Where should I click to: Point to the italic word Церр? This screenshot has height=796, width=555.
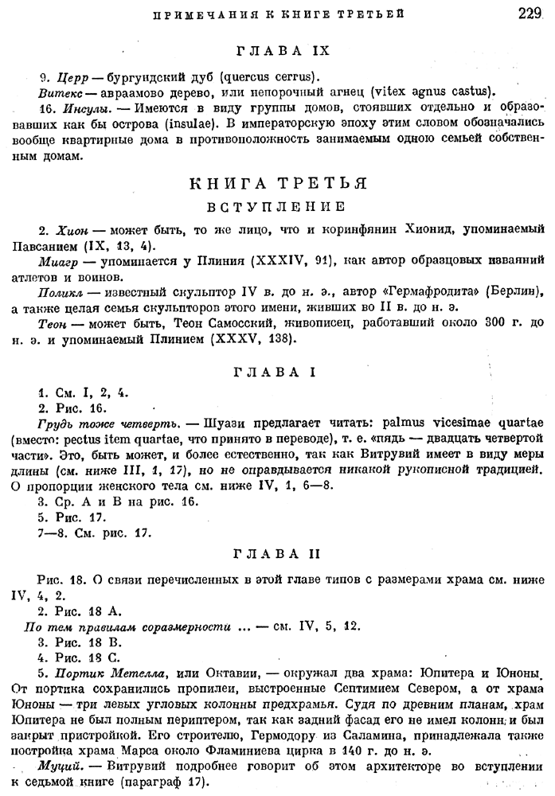(73, 77)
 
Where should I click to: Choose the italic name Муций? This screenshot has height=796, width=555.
(58, 770)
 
